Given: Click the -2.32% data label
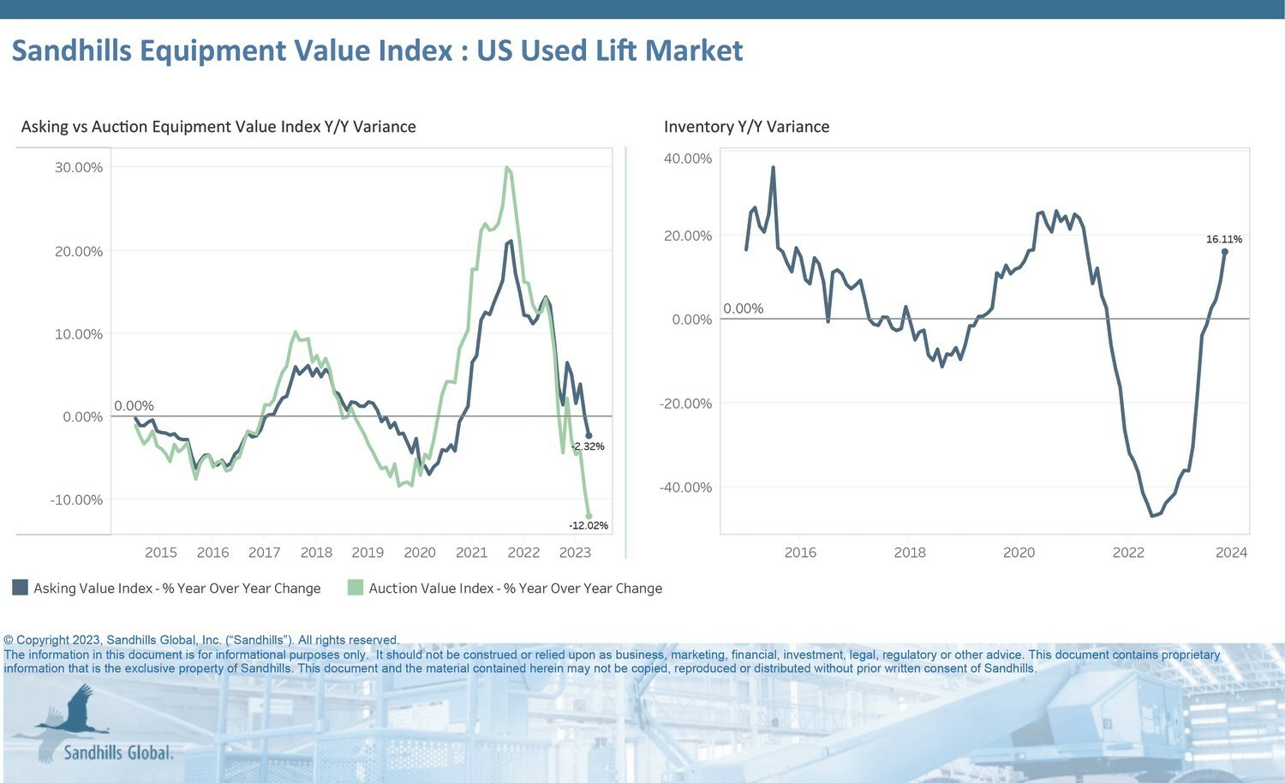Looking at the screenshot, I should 588,446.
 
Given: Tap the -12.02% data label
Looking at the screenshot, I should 589,525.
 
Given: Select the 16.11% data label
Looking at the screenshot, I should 1223,239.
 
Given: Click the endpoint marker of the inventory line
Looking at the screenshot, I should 1224,252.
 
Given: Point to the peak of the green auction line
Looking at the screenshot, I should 507,168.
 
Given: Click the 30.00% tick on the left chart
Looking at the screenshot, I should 79,167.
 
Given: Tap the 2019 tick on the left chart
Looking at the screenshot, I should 368,553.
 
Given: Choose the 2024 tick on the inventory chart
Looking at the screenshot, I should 1231,553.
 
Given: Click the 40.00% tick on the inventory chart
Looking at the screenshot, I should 688,158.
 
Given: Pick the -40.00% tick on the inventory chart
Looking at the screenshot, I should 685,487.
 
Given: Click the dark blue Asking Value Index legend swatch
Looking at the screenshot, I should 20,588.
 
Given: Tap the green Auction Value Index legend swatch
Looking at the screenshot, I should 356,588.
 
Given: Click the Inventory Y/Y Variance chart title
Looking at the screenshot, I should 746,127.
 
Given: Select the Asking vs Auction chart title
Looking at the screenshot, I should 218,127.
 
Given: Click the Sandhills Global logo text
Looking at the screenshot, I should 118,753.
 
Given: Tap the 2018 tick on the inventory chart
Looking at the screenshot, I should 910,553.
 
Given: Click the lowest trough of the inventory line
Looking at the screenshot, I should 1152,516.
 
